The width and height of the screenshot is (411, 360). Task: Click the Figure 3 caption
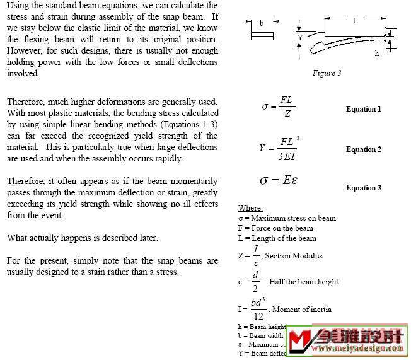[x=327, y=73]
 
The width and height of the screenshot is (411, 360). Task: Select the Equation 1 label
[x=364, y=109]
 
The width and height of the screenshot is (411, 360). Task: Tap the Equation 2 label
[x=364, y=149]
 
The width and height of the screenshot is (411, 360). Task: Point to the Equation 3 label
[x=364, y=188]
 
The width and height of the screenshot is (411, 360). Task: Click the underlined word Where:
[x=250, y=208]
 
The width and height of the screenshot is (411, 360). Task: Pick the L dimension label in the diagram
[x=355, y=20]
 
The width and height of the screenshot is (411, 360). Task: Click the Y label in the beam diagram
[x=299, y=38]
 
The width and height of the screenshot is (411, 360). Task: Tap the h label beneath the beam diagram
[x=377, y=54]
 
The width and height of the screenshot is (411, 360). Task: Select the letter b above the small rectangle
[x=262, y=23]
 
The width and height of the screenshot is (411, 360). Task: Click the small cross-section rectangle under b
[x=262, y=36]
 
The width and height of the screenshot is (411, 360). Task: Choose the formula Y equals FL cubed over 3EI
[x=278, y=148]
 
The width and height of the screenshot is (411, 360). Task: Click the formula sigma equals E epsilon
[x=279, y=180]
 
